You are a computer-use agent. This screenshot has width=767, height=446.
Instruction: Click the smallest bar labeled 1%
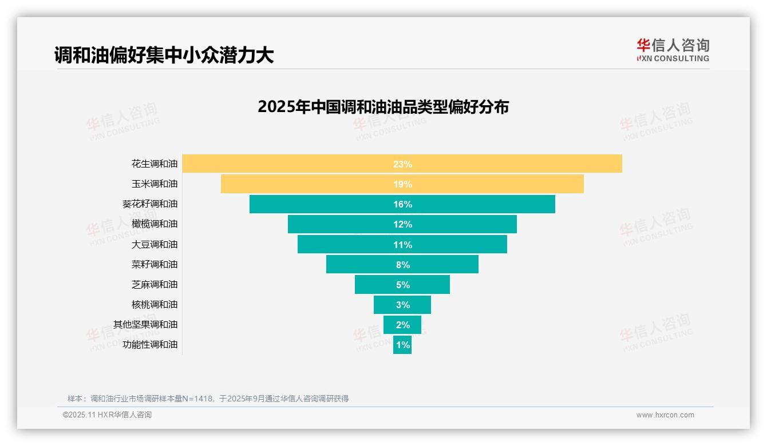pos(402,345)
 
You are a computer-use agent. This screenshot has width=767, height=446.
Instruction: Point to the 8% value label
pos(402,265)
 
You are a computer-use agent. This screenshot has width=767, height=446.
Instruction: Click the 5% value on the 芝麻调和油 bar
pos(402,285)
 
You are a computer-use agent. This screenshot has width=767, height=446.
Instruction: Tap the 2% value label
pos(402,325)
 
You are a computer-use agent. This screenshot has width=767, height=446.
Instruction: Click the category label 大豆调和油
pos(155,244)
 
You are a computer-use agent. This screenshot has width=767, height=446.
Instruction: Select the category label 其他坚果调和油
pos(145,324)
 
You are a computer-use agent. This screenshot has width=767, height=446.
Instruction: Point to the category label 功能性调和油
pos(150,344)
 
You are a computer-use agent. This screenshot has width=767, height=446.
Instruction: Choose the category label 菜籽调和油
pos(155,264)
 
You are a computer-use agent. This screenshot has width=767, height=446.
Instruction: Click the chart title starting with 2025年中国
pos(383,107)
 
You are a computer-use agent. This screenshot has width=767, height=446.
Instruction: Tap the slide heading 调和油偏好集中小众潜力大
pos(164,55)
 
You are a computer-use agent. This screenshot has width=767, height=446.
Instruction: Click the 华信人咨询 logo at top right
pos(673,50)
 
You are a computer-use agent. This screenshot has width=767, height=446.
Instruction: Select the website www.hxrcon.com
pos(665,415)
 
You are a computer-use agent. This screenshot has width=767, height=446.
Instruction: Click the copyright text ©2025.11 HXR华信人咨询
pos(107,415)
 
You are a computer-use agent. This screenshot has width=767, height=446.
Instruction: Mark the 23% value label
pos(402,164)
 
